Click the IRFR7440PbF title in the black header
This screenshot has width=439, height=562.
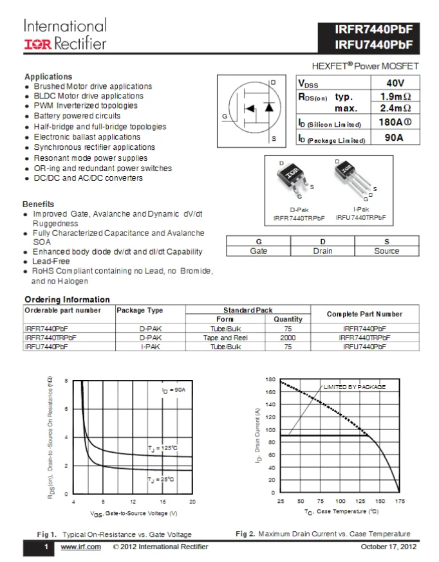373,30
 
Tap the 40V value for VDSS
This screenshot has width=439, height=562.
395,83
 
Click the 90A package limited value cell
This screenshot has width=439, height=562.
394,138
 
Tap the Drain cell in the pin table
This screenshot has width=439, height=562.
322,251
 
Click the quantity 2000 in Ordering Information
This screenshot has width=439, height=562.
288,337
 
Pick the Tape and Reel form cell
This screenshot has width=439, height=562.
225,337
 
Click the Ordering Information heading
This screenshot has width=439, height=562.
67,299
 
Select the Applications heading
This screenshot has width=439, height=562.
48,77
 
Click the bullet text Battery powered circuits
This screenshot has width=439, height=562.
77,116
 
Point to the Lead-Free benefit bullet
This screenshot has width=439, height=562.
51,262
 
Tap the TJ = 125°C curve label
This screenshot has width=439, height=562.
162,448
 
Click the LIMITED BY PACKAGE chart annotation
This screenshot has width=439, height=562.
354,387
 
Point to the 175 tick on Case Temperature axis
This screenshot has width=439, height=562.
399,501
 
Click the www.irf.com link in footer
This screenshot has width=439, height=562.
80,547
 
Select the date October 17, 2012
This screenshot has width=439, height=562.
388,547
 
